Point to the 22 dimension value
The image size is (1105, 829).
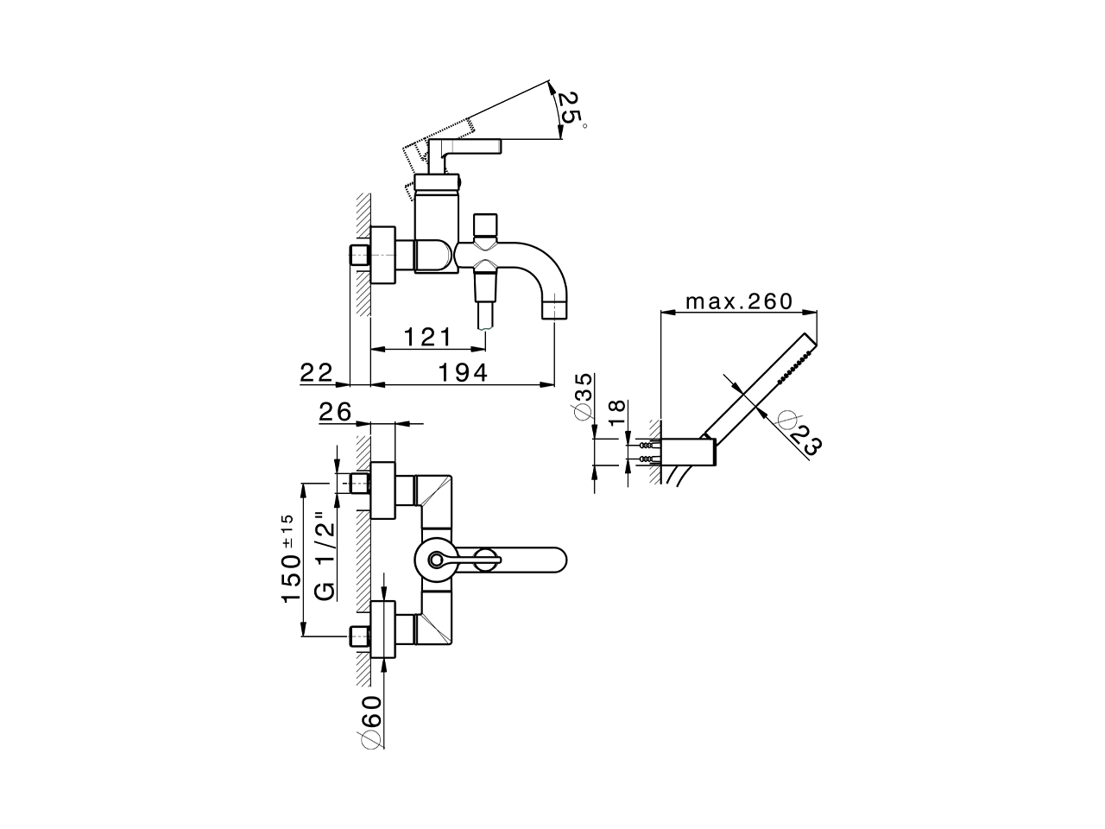coord(317,372)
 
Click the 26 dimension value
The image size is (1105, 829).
coord(336,413)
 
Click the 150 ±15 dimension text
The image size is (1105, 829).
coord(290,560)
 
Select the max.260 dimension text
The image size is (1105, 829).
coord(738,301)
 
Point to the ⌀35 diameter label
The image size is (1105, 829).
coord(584,396)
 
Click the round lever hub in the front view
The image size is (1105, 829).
coord(435,560)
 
